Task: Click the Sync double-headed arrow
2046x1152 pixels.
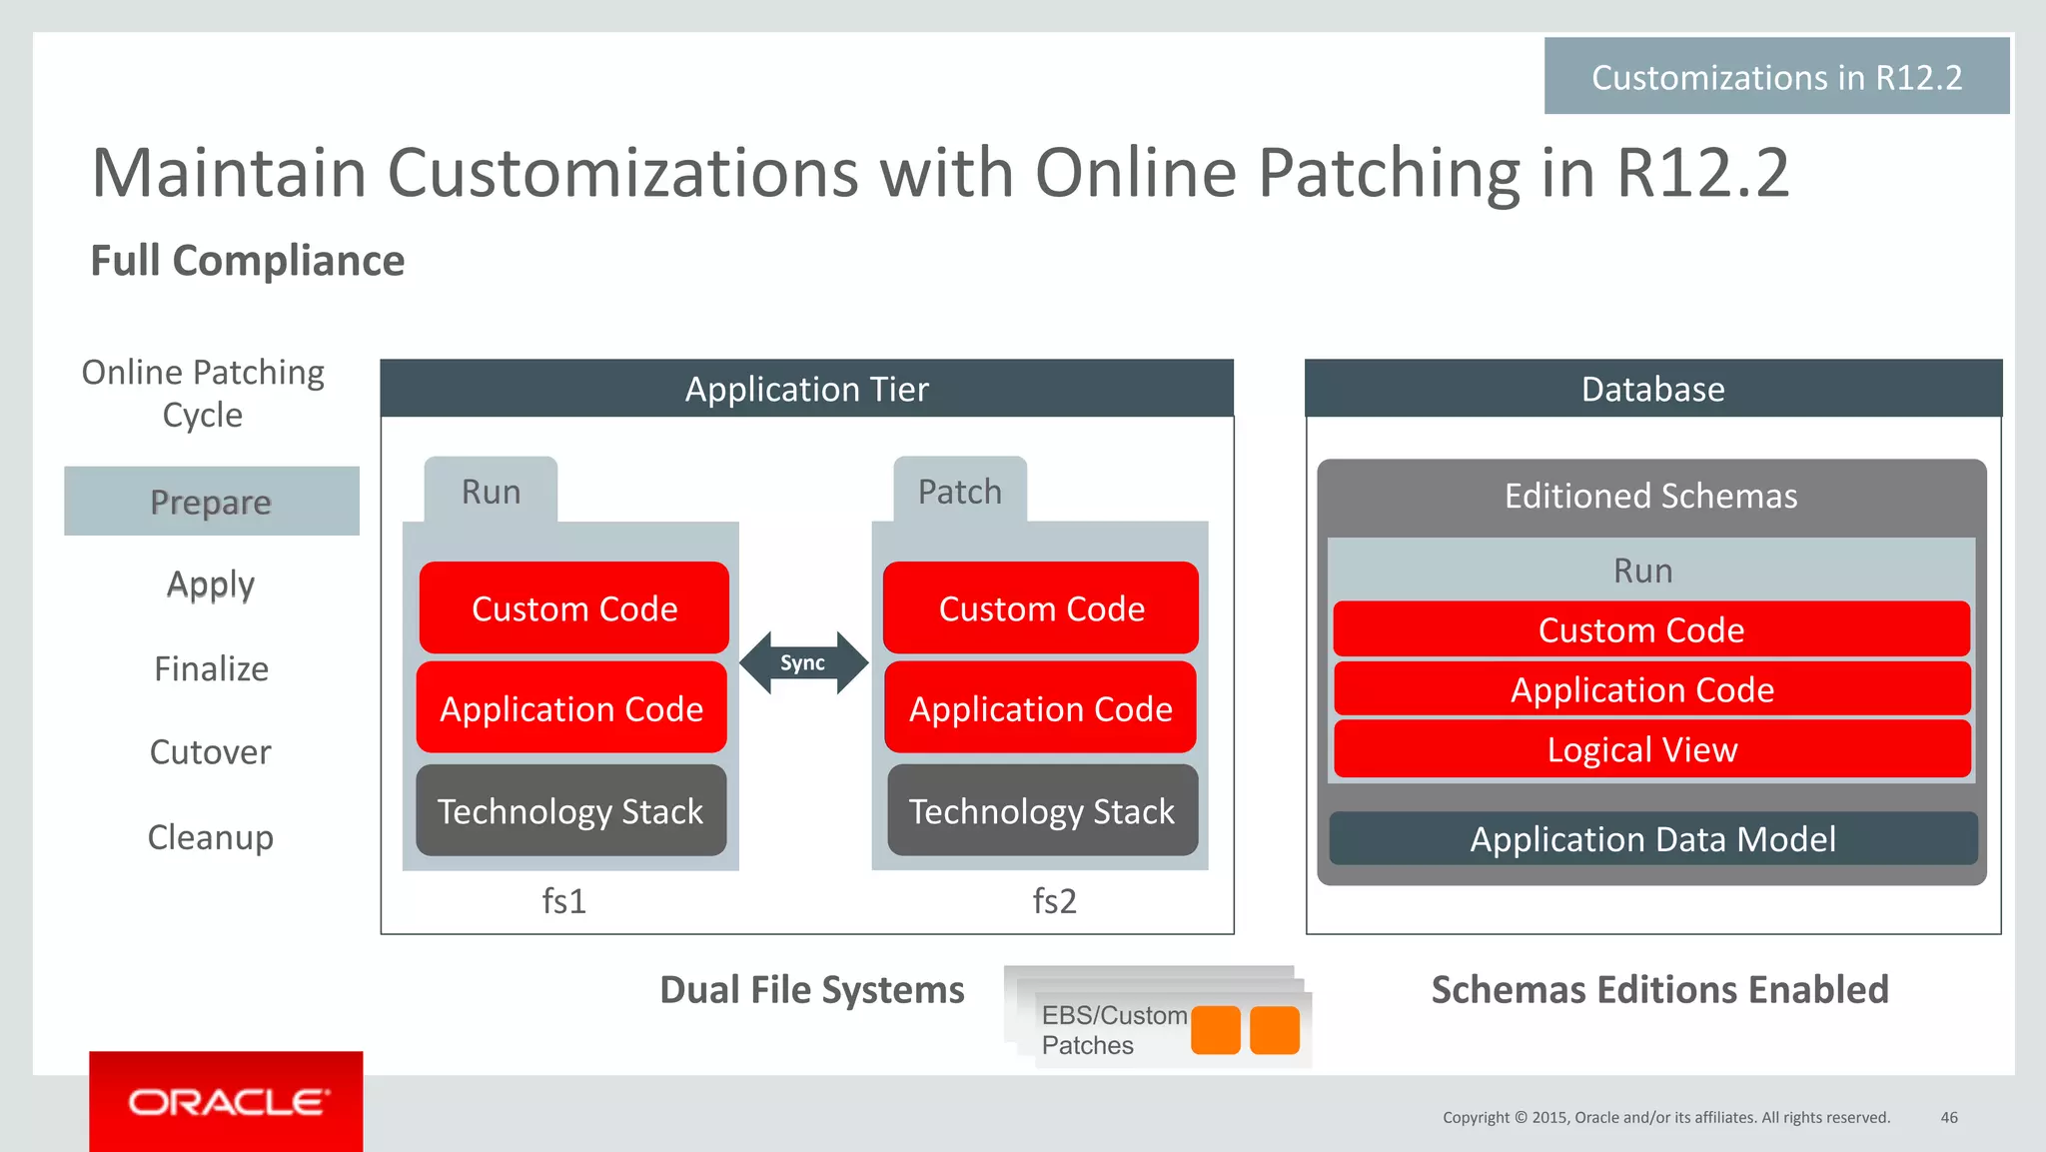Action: pyautogui.click(x=803, y=662)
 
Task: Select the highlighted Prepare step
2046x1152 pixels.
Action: pyautogui.click(x=211, y=502)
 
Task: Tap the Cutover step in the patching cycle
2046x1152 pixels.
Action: pyautogui.click(x=210, y=752)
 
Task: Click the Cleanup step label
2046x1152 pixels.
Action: pyautogui.click(x=210, y=837)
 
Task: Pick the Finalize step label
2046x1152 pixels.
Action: pyautogui.click(x=211, y=668)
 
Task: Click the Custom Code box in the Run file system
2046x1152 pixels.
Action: pyautogui.click(x=573, y=608)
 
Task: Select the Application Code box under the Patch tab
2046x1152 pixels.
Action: pyautogui.click(x=1040, y=708)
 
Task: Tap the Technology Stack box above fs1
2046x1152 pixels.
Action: pyautogui.click(x=570, y=810)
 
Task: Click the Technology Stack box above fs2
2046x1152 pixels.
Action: pyautogui.click(x=1042, y=810)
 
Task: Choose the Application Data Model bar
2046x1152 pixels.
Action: pyautogui.click(x=1652, y=838)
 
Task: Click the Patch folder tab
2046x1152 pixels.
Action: pyautogui.click(x=960, y=491)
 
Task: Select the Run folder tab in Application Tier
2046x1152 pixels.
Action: pyautogui.click(x=491, y=491)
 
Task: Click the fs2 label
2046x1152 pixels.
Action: pyautogui.click(x=1054, y=901)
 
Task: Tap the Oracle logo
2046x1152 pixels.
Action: pyautogui.click(x=226, y=1102)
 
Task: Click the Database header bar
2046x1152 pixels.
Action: pyautogui.click(x=1652, y=389)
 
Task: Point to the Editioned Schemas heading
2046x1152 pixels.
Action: pyautogui.click(x=1650, y=496)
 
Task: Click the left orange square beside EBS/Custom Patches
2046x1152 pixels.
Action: pyautogui.click(x=1215, y=1030)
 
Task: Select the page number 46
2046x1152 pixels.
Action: pyautogui.click(x=1948, y=1117)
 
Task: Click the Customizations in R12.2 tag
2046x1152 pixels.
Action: pyautogui.click(x=1776, y=77)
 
